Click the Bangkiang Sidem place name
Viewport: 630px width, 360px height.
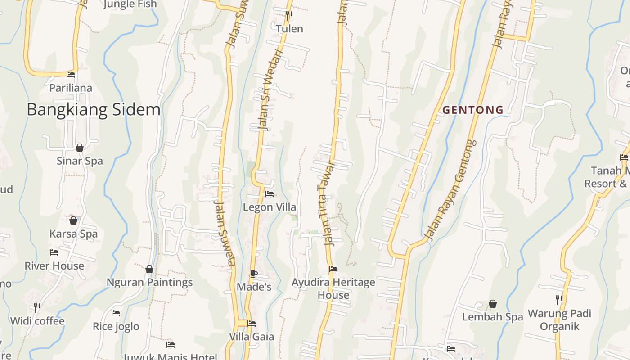(x=94, y=110)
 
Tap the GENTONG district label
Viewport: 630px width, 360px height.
(x=473, y=110)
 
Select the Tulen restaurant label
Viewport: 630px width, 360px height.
(x=289, y=29)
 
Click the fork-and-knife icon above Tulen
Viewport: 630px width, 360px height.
(x=289, y=16)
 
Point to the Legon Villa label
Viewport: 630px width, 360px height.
(x=270, y=207)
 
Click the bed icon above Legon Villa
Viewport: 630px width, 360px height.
(x=270, y=194)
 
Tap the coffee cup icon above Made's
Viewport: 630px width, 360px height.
(x=254, y=274)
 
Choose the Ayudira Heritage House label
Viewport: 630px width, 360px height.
(x=333, y=288)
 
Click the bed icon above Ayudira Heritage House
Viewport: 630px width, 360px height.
(x=333, y=269)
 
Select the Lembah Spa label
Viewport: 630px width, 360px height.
(x=493, y=317)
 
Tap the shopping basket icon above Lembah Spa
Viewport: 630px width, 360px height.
(x=493, y=304)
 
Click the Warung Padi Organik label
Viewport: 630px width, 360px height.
(x=559, y=319)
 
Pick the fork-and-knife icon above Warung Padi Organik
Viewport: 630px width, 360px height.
(x=559, y=300)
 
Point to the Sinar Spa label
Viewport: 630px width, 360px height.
(x=80, y=161)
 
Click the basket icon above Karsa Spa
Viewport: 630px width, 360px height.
(x=73, y=220)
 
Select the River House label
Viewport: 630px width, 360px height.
(x=54, y=265)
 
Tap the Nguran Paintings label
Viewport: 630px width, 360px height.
(x=149, y=282)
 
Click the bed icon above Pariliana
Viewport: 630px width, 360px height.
(x=71, y=74)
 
